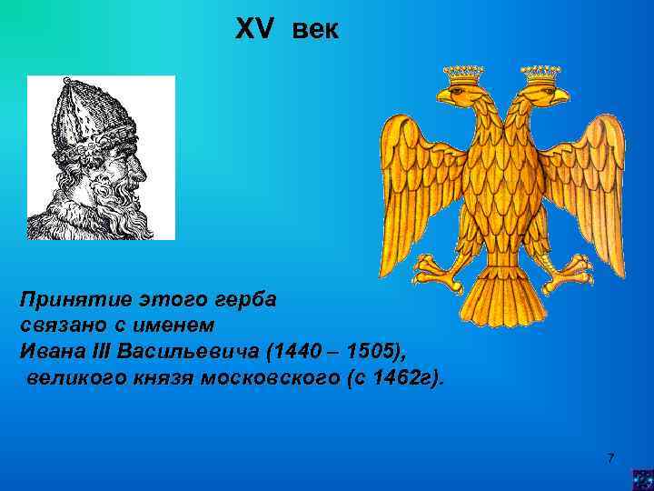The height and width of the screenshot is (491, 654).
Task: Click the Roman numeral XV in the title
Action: (253, 30)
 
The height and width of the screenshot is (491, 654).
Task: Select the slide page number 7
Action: (610, 457)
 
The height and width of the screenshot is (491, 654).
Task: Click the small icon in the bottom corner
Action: (642, 479)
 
